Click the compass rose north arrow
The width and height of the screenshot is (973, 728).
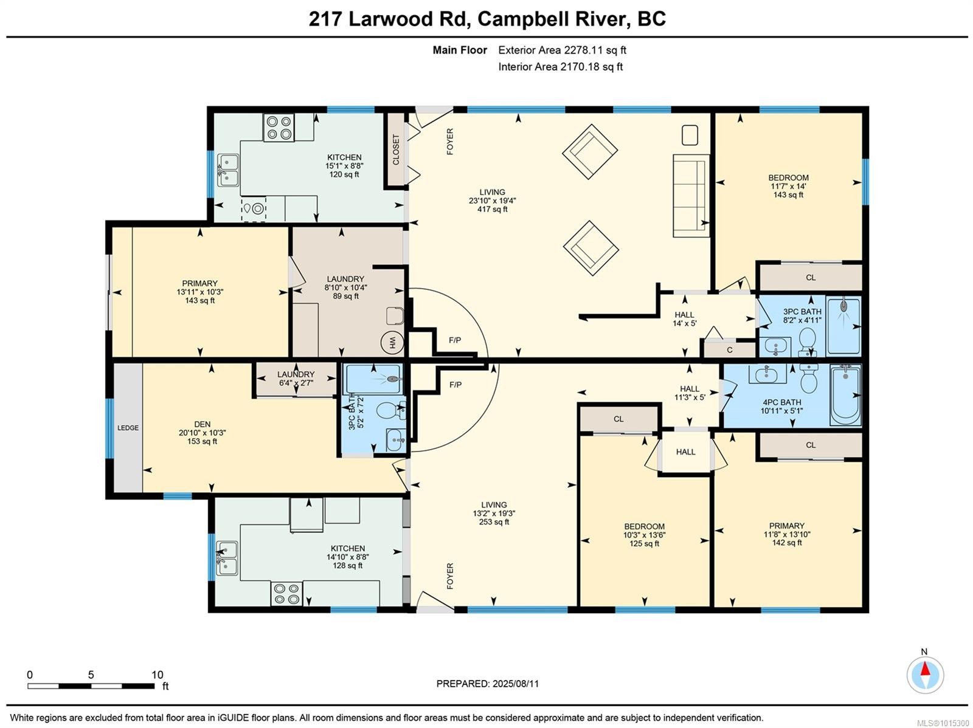pyautogui.click(x=925, y=675)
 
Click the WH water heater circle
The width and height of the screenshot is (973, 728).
pyautogui.click(x=392, y=343)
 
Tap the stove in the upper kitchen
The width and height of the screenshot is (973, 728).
pyautogui.click(x=279, y=128)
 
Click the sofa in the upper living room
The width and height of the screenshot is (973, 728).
pyautogui.click(x=691, y=196)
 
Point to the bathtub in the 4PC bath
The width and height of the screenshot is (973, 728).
pyautogui.click(x=845, y=395)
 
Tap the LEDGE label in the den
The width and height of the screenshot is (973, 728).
pyautogui.click(x=128, y=428)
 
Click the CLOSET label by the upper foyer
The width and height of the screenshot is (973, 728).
pyautogui.click(x=396, y=149)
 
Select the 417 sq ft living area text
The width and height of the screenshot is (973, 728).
pyautogui.click(x=492, y=210)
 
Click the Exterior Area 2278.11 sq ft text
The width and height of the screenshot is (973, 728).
pyautogui.click(x=562, y=50)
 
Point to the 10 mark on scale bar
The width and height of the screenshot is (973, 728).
pyautogui.click(x=157, y=675)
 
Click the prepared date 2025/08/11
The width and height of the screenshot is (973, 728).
pyautogui.click(x=514, y=684)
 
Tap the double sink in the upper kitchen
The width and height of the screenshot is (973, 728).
pyautogui.click(x=228, y=170)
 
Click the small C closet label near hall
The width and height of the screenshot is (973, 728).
pyautogui.click(x=730, y=350)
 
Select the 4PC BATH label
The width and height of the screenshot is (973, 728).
pyautogui.click(x=781, y=402)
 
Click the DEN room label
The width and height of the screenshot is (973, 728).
pyautogui.click(x=202, y=424)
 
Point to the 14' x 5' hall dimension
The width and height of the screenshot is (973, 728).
pyautogui.click(x=684, y=323)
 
